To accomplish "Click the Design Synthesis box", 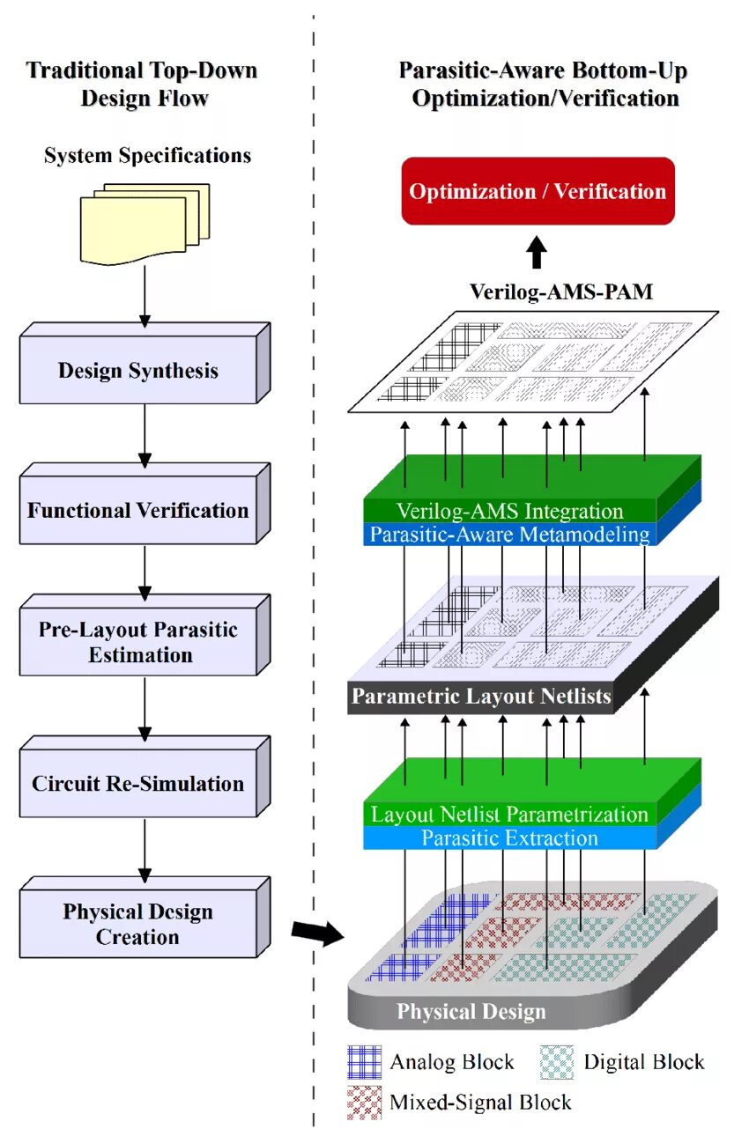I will tap(138, 370).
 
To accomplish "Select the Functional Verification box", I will tap(138, 511).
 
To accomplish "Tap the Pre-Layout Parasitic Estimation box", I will tap(138, 643).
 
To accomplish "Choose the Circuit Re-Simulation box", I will tap(138, 784).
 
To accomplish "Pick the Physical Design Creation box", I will tap(138, 925).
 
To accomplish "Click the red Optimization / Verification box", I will tap(538, 191).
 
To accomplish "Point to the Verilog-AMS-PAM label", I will tap(561, 291).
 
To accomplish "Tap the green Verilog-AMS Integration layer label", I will tap(509, 511).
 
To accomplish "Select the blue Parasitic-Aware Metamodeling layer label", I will tap(509, 535).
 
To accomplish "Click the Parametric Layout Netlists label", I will tap(481, 697).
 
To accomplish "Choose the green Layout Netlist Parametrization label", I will tap(509, 815).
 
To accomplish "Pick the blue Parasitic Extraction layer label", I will tap(509, 838).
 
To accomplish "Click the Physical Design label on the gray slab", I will tap(471, 1012).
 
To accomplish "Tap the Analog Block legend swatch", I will tap(364, 1062).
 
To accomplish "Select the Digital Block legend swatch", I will tap(556, 1062).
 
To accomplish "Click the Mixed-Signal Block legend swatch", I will tap(364, 1101).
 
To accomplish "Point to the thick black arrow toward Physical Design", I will tap(317, 933).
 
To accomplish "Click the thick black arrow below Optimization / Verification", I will tap(537, 254).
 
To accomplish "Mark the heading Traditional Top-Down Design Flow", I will tap(143, 84).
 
